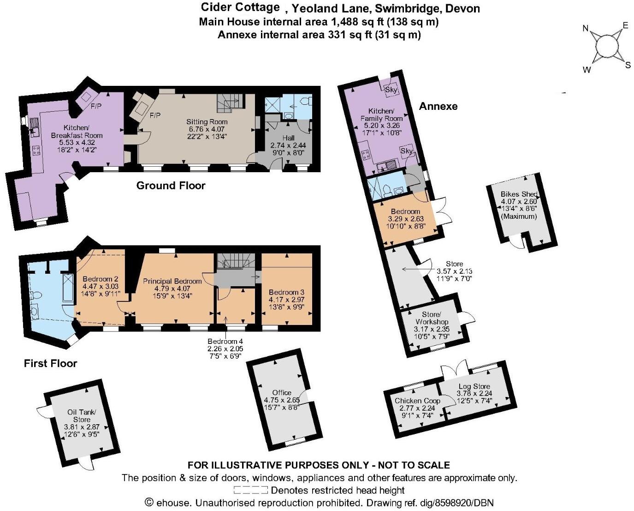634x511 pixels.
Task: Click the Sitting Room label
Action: pyautogui.click(x=207, y=122)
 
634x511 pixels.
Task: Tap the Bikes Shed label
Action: pyautogui.click(x=519, y=194)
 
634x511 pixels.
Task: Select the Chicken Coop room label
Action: pyautogui.click(x=417, y=401)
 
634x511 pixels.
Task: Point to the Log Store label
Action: pyautogui.click(x=474, y=386)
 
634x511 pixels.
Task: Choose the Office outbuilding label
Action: pyautogui.click(x=281, y=392)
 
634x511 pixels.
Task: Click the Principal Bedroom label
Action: pyautogui.click(x=172, y=281)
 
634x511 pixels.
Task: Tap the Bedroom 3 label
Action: pyautogui.click(x=286, y=292)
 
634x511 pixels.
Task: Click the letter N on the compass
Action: pyautogui.click(x=586, y=29)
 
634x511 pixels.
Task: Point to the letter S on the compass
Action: pyautogui.click(x=628, y=65)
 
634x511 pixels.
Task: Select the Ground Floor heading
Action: pyautogui.click(x=171, y=186)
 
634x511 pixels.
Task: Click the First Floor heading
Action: pyautogui.click(x=50, y=363)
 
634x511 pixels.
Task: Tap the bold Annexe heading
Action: pyautogui.click(x=438, y=106)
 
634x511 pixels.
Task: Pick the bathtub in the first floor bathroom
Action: pyautogui.click(x=68, y=288)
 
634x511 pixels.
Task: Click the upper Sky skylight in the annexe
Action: pyautogui.click(x=391, y=90)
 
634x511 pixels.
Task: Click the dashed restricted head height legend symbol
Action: pyautogui.click(x=250, y=490)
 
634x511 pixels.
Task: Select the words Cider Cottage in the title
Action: pyautogui.click(x=240, y=7)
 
